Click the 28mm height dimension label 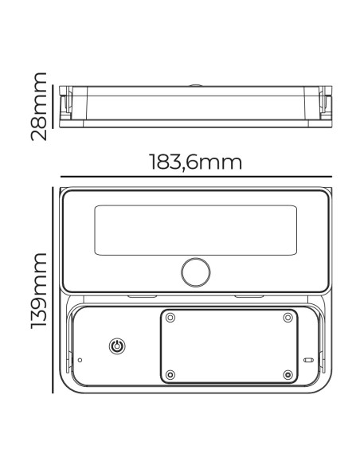[39, 107]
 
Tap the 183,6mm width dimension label [196, 162]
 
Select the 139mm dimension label [39, 291]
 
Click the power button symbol [117, 346]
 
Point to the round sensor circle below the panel [196, 272]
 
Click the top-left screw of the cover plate [170, 318]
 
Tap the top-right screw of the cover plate [288, 318]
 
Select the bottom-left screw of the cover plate [170, 375]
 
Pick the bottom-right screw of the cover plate [288, 375]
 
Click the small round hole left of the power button [80, 360]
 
